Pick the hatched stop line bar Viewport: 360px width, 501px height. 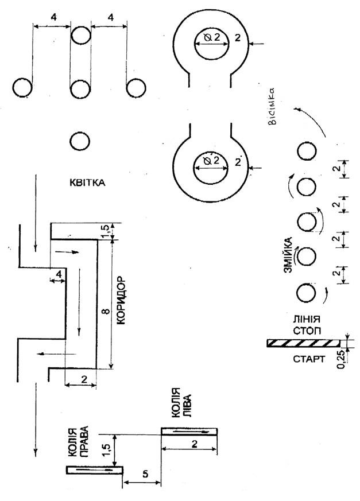[x=303, y=343]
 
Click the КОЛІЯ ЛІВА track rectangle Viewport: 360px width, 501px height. [x=189, y=431]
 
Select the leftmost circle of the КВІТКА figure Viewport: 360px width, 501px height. [x=23, y=88]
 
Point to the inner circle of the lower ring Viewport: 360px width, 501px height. [x=210, y=166]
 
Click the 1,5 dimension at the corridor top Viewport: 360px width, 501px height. [x=104, y=230]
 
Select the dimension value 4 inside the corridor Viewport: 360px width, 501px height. [x=59, y=275]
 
